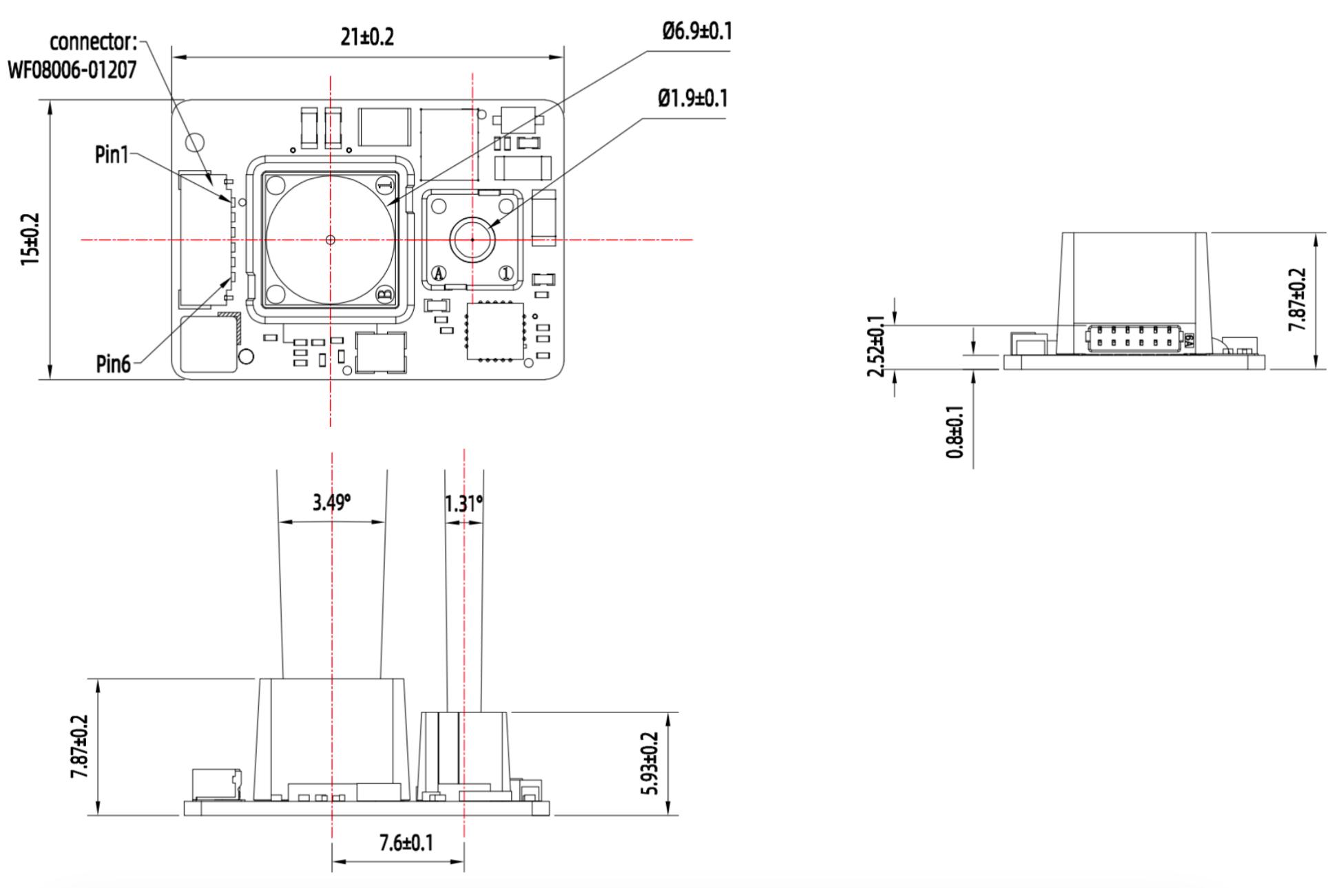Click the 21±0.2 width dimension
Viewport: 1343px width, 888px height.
coord(367,36)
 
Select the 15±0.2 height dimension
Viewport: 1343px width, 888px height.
coord(30,240)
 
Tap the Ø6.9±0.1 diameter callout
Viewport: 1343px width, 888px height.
coord(696,31)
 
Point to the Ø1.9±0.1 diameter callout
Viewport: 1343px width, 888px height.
coord(692,98)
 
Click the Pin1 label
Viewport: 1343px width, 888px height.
coord(112,155)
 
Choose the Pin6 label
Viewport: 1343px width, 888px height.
coord(113,363)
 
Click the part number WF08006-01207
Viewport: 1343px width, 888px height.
coord(72,70)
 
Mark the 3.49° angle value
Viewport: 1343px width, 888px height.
coord(331,503)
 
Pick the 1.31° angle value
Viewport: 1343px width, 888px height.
coord(464,504)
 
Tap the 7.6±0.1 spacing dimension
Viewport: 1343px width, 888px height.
coord(406,842)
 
